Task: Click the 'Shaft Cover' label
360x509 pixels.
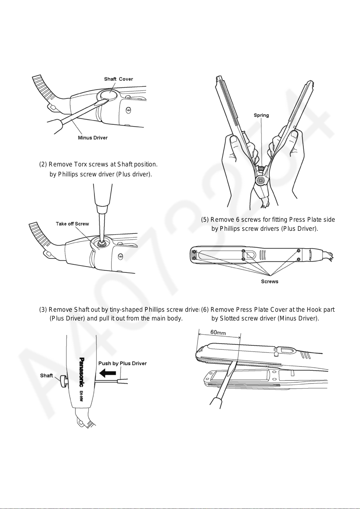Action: pos(118,79)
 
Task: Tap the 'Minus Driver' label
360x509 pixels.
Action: pos(93,138)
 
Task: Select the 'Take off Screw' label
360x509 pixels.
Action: pos(72,224)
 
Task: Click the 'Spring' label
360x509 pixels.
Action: pos(261,115)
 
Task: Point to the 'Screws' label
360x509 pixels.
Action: pos(270,282)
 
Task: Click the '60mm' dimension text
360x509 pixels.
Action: pos(218,332)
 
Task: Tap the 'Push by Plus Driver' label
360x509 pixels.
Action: pos(122,363)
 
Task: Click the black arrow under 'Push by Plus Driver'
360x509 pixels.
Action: pos(107,373)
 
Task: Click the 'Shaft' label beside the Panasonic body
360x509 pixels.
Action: pos(47,375)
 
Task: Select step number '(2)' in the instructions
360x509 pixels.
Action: pos(43,164)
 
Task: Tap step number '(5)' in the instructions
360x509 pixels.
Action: pos(205,220)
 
